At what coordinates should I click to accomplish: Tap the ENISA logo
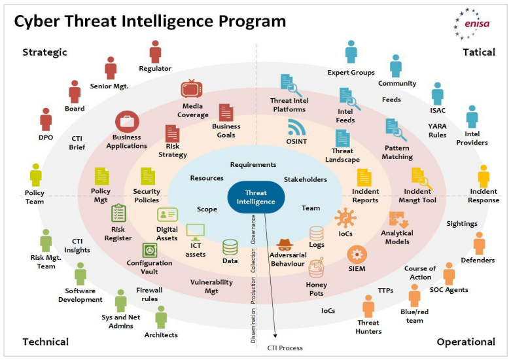click(473, 24)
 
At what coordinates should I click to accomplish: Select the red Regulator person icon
click(155, 52)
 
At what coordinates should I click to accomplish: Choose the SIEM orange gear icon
click(357, 254)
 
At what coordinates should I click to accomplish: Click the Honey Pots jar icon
click(316, 268)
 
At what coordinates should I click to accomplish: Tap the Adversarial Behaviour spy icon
click(284, 246)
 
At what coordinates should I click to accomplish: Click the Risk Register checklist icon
click(118, 213)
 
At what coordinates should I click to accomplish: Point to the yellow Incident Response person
click(483, 176)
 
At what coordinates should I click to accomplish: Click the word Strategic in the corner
click(44, 52)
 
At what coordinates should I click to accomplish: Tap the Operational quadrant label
click(465, 342)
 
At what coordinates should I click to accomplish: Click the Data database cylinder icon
click(230, 247)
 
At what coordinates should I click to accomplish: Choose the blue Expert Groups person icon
click(351, 52)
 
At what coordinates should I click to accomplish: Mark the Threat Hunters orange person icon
click(368, 306)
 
